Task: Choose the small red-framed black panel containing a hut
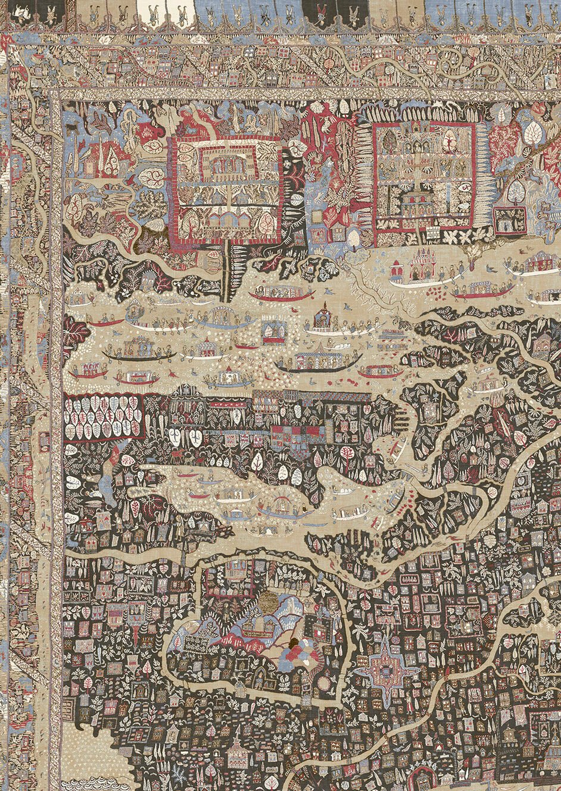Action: (510, 218)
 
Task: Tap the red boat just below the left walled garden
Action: (282, 294)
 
